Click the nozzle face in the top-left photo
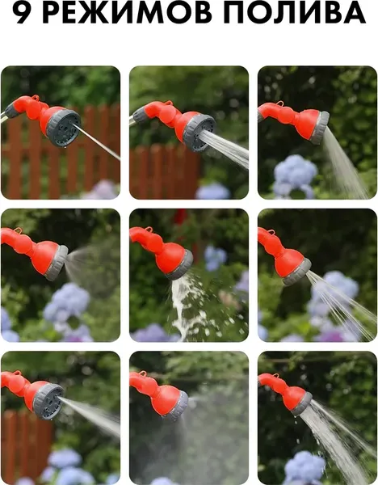tap(64, 128)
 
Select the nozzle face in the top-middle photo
tap(199, 133)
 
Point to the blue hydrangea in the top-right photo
tap(295, 175)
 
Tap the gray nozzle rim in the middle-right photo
tap(297, 272)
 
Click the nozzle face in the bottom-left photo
tap(48, 402)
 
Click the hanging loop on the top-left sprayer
tap(36, 98)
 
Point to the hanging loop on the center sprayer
tap(149, 230)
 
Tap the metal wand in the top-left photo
tap(3, 117)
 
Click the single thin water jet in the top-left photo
tap(96, 141)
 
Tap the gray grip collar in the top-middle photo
tap(141, 115)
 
